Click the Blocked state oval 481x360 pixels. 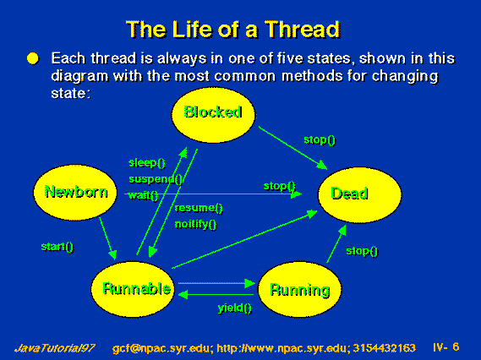point(213,115)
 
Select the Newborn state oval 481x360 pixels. point(75,193)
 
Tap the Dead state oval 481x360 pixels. point(360,194)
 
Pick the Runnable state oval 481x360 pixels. point(133,289)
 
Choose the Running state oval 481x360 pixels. point(300,289)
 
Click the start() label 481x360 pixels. point(57,247)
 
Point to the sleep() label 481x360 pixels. point(147,162)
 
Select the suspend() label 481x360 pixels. point(156,179)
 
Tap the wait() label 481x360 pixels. point(143,195)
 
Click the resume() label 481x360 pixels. point(199,208)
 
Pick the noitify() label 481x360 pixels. point(196,224)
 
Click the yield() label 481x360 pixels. point(235,308)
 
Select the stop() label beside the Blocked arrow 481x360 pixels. point(320,140)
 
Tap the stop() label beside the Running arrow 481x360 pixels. point(362,251)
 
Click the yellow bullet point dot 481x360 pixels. point(33,58)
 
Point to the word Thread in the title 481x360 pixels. point(303,29)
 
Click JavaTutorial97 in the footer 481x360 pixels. point(55,348)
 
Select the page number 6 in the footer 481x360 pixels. point(456,346)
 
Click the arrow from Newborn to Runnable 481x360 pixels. point(107,238)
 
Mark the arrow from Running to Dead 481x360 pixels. point(336,243)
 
